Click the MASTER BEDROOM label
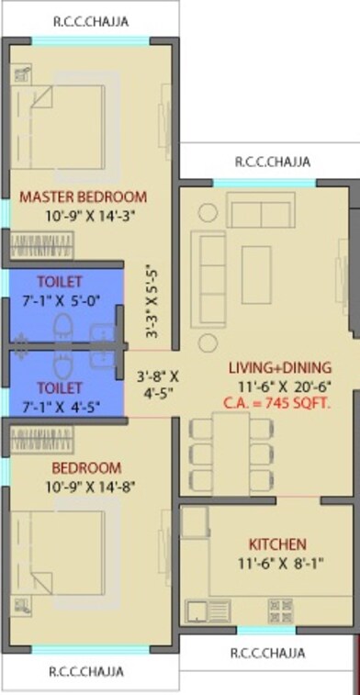click(83, 196)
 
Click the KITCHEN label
click(276, 544)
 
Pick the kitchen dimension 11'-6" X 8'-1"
click(276, 563)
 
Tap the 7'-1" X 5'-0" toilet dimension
click(60, 299)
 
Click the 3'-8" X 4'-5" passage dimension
click(158, 384)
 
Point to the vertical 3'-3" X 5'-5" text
click(152, 303)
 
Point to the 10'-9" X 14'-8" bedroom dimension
click(83, 486)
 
